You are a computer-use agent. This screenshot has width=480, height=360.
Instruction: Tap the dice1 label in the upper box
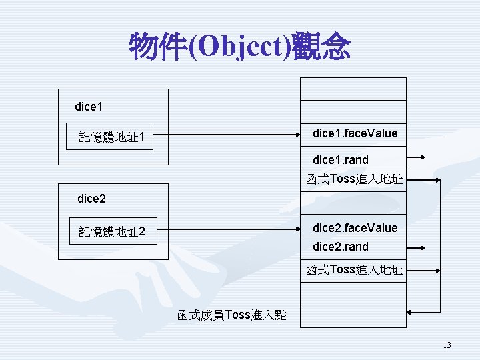(89, 107)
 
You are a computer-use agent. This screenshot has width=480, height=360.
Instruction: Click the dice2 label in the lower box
(91, 198)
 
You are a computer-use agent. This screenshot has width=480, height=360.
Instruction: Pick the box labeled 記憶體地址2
(113, 232)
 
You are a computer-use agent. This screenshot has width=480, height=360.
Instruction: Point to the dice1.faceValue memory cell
(355, 133)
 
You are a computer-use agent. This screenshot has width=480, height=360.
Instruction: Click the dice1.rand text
(340, 160)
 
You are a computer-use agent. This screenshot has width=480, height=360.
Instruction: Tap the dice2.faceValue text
(355, 228)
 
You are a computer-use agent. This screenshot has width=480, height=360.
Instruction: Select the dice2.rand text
(340, 247)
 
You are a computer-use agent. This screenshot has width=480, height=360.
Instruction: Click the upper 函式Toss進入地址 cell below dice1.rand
(354, 179)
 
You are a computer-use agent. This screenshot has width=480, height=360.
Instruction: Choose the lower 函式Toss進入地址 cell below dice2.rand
(354, 270)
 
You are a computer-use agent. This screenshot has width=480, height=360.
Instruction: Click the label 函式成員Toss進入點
(232, 315)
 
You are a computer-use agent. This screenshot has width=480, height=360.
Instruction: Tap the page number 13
(447, 345)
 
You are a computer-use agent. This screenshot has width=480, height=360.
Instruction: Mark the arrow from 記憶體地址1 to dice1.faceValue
(227, 137)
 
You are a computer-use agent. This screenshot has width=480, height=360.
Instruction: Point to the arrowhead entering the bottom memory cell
(411, 311)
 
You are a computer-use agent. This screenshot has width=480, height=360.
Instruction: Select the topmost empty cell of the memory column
(353, 88)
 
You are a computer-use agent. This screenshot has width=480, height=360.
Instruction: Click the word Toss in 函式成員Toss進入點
(239, 315)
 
